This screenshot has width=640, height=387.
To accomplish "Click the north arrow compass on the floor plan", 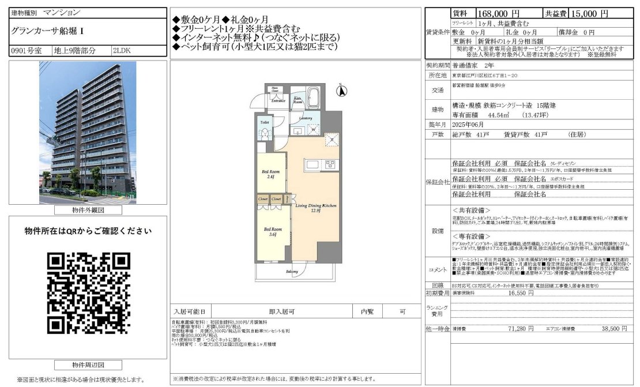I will click(341, 91).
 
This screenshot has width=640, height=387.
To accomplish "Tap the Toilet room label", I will click(265, 123).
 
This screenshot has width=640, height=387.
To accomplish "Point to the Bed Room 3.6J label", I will click(271, 231).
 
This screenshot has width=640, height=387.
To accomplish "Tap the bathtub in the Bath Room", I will click(314, 93).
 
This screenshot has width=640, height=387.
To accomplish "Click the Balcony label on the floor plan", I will click(292, 271).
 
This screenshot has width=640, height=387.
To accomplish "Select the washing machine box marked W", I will click(313, 129).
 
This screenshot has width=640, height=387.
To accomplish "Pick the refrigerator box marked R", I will click(332, 139).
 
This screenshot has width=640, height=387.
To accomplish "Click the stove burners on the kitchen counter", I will click(330, 164).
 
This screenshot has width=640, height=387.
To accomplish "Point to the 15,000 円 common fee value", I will click(588, 13).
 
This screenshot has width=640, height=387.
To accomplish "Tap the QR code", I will click(88, 293).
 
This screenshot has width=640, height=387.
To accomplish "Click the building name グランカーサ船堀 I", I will click(43, 31).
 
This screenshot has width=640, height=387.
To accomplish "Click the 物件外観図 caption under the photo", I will click(88, 211).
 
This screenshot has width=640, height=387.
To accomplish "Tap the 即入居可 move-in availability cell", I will click(283, 310).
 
